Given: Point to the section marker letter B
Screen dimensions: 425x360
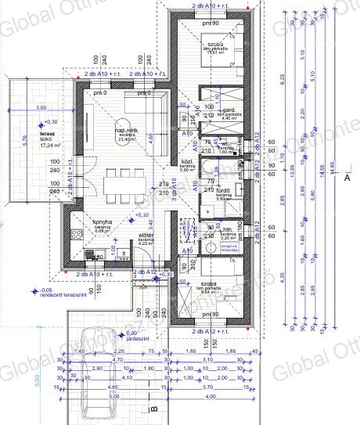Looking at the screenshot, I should [155, 407].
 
